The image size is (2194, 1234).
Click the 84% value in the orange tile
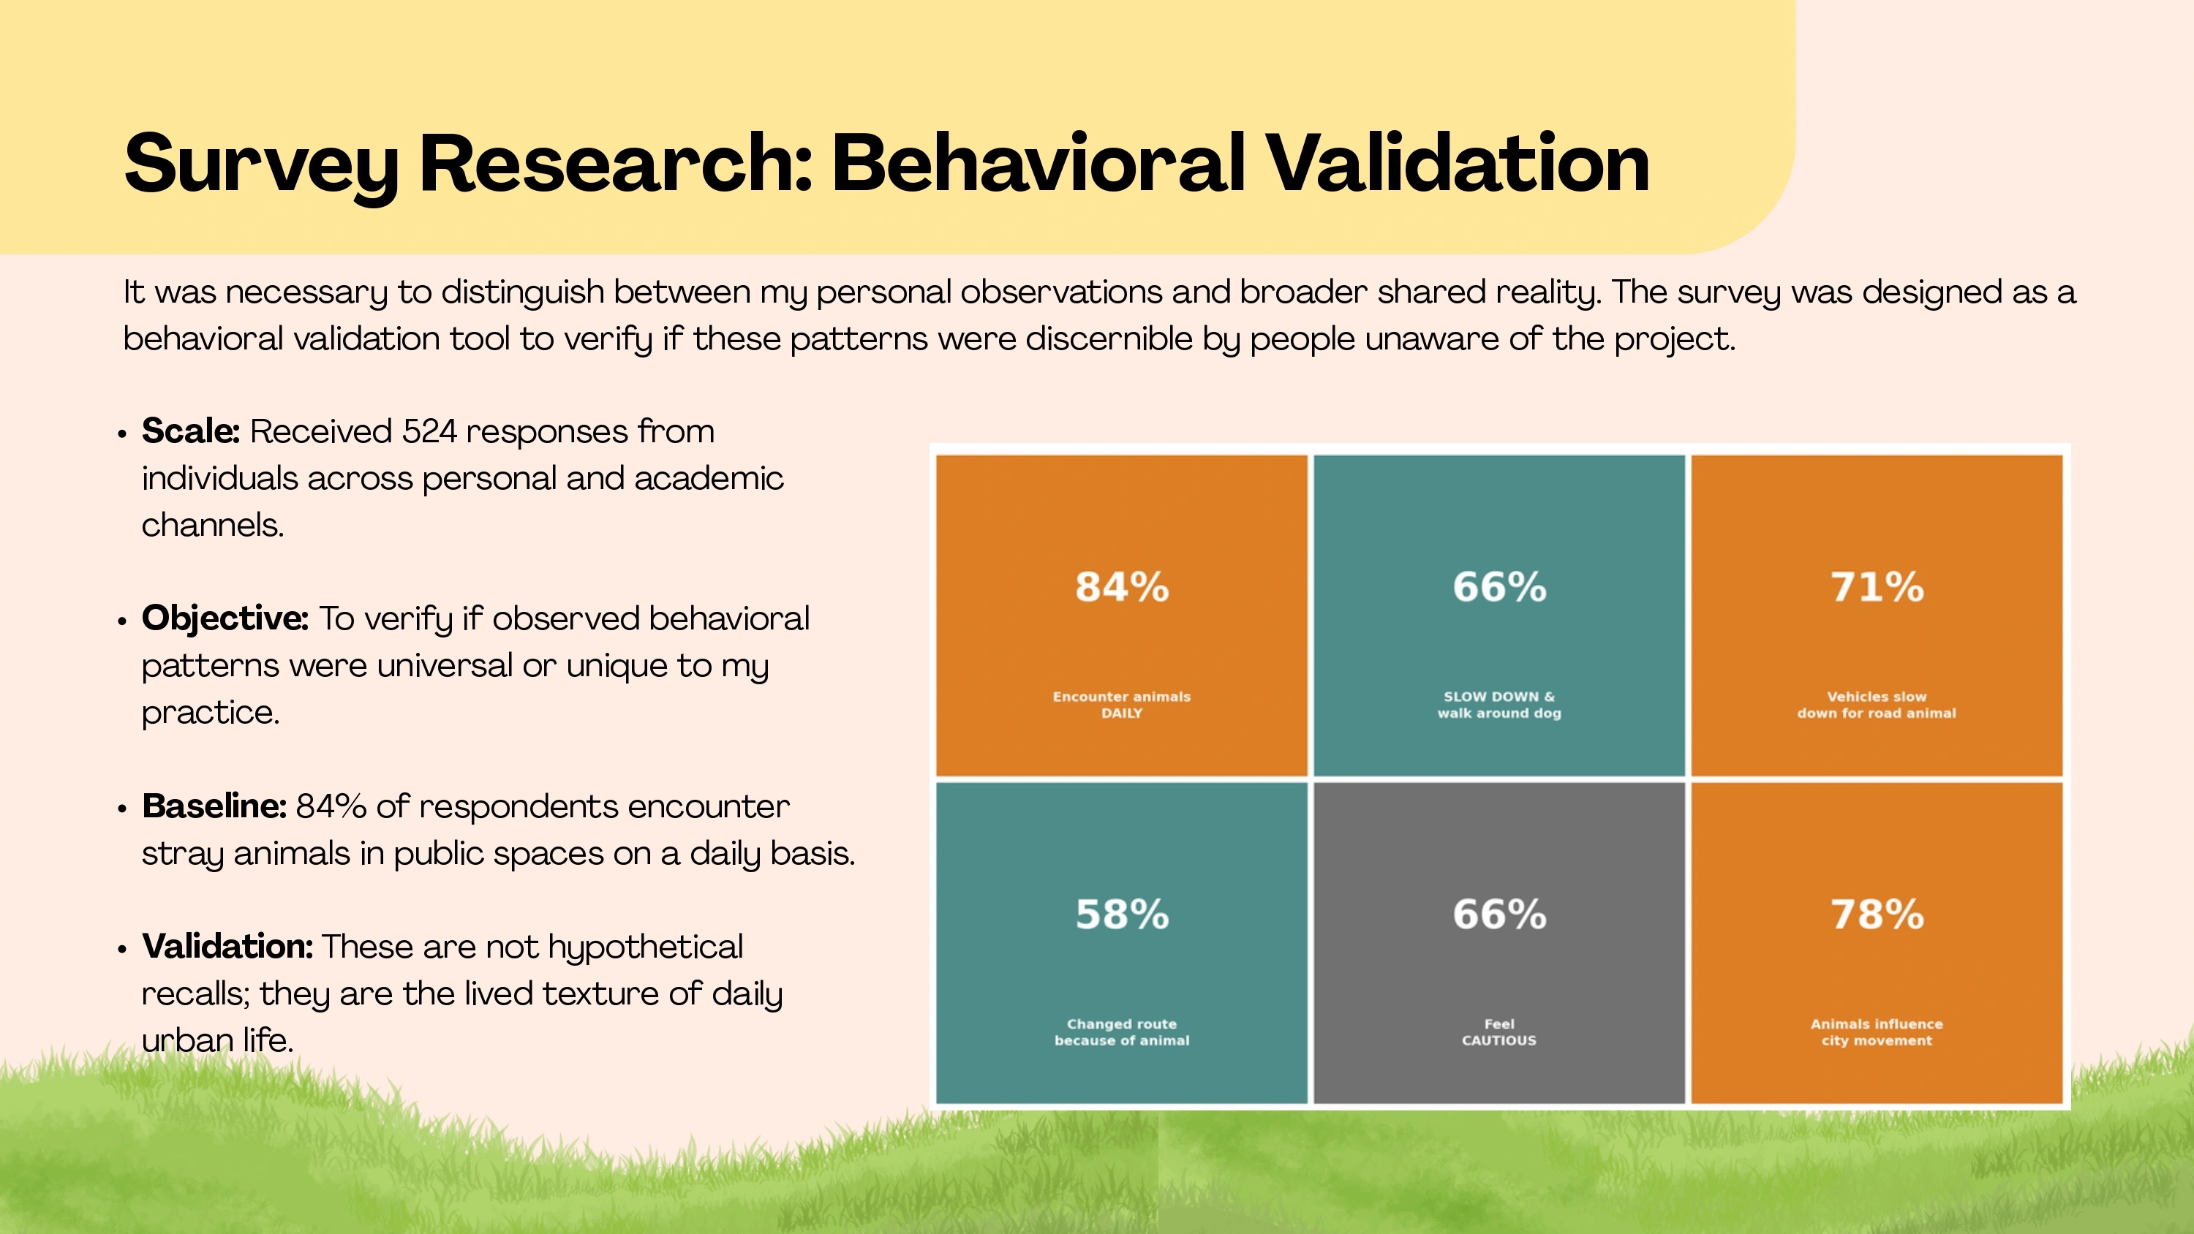coord(1122,587)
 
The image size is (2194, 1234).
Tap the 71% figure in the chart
coord(1877,587)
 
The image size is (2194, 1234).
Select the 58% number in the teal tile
coord(1122,914)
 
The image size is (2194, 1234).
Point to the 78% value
coord(1877,914)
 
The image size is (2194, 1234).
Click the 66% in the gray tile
coord(1499,914)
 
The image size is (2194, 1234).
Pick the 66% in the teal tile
coord(1499,587)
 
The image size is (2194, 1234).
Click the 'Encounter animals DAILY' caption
coord(1122,704)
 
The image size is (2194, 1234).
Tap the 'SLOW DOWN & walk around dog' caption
coord(1499,704)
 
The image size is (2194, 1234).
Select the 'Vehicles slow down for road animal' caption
coord(1877,704)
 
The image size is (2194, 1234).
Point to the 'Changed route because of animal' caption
coord(1122,1032)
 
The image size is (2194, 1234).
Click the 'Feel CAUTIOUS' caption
coord(1499,1032)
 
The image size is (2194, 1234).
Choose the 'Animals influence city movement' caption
coord(1877,1032)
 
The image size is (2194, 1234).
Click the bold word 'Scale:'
coord(191,431)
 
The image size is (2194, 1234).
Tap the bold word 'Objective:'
coord(225,619)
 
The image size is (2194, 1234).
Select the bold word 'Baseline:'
coord(214,806)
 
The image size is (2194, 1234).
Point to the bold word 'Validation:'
coord(227,946)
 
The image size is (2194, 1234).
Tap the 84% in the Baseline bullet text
coord(331,806)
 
